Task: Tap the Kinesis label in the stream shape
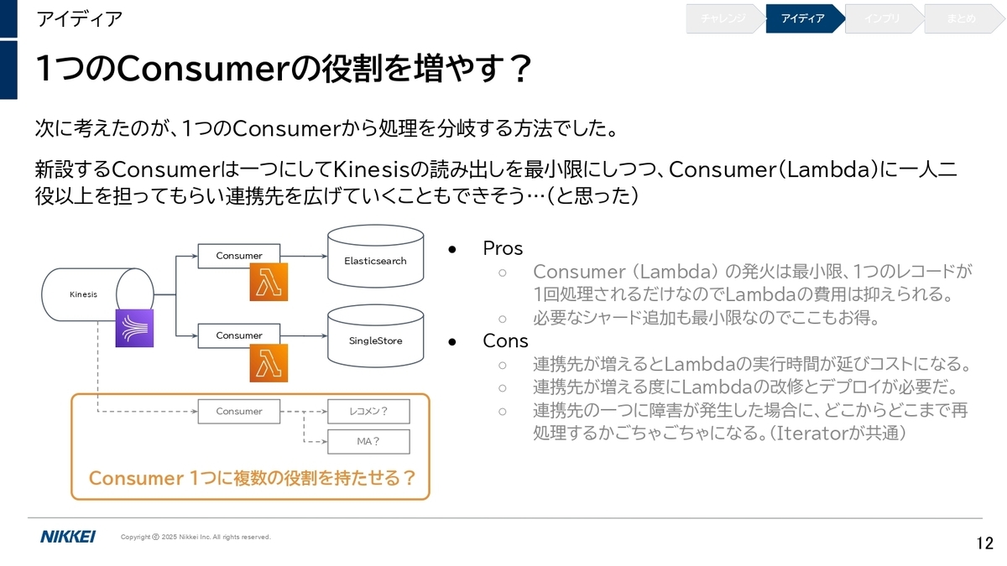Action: pyautogui.click(x=83, y=294)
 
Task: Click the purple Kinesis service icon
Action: pyautogui.click(x=134, y=328)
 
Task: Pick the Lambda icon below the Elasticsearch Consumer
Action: pyautogui.click(x=269, y=282)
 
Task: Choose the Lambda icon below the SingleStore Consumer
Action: pyautogui.click(x=269, y=363)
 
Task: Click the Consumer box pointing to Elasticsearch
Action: pyautogui.click(x=238, y=256)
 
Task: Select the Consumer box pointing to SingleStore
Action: pyautogui.click(x=238, y=335)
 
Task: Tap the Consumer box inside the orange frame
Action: pyautogui.click(x=238, y=411)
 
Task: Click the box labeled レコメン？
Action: pyautogui.click(x=368, y=411)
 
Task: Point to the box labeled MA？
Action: pyautogui.click(x=368, y=442)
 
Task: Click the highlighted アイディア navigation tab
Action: pyautogui.click(x=805, y=18)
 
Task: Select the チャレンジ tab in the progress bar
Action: pyautogui.click(x=725, y=18)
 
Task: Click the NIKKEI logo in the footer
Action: pyautogui.click(x=68, y=537)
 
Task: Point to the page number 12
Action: pyautogui.click(x=984, y=543)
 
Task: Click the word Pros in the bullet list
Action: pyautogui.click(x=503, y=248)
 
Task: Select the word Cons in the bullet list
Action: pyautogui.click(x=505, y=340)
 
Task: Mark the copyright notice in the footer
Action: pyautogui.click(x=196, y=537)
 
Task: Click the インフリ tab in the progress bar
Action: pyautogui.click(x=884, y=18)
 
